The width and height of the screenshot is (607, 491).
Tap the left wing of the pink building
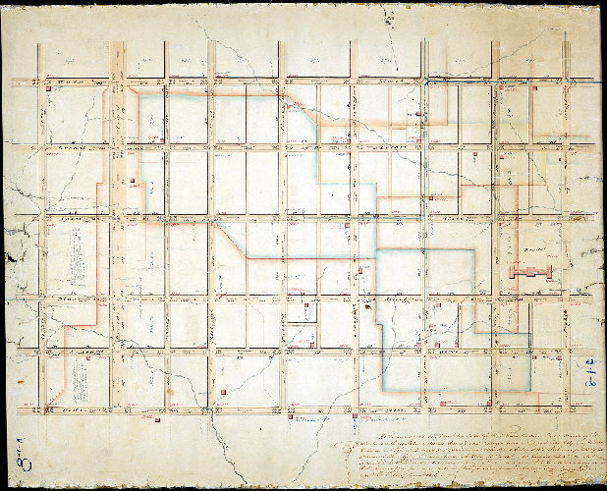coord(515,274)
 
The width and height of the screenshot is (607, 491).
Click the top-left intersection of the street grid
coord(42,81)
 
